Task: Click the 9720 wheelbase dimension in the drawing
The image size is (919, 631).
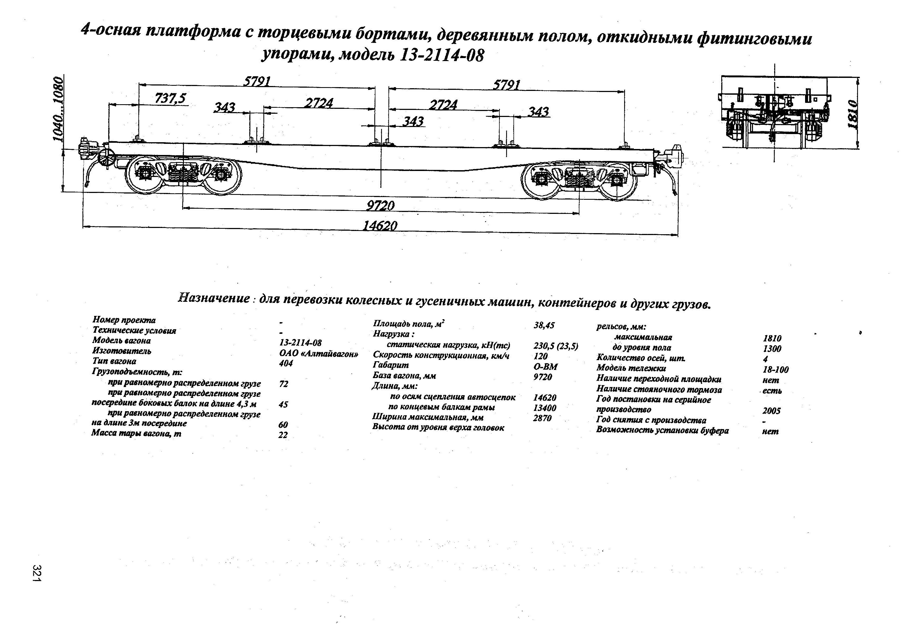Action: (380, 206)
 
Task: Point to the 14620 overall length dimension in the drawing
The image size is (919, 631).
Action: (380, 226)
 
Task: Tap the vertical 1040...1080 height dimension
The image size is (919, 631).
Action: (58, 109)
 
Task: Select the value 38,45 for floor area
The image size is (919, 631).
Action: (544, 325)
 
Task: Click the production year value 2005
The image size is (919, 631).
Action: (771, 411)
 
